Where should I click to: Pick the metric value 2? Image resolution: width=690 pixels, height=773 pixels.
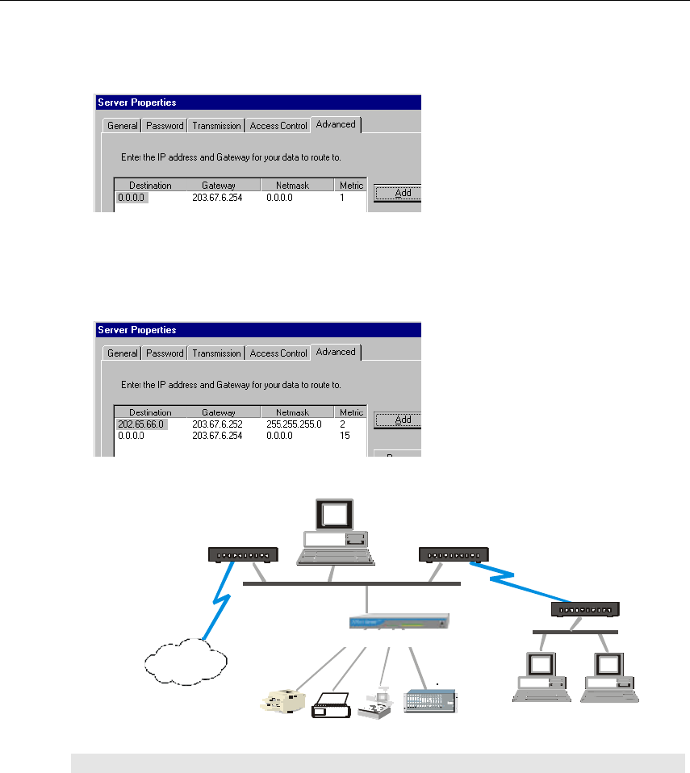pos(343,424)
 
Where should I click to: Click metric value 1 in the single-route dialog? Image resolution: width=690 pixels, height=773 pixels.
pos(343,197)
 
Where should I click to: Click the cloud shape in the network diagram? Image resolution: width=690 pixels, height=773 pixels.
pos(182,662)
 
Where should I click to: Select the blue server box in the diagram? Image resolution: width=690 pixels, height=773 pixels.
pos(399,622)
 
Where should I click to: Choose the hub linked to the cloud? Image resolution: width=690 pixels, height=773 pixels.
pos(243,554)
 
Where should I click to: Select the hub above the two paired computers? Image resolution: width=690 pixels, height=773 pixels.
pos(585,609)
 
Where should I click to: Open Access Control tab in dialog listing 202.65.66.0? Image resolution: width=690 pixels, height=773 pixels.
pos(278,353)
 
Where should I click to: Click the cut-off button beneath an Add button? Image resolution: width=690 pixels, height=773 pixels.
pos(398,453)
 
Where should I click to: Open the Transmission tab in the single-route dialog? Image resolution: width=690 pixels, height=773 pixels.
pos(216,126)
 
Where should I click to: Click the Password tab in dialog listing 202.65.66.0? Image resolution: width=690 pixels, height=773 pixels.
pos(165,353)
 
